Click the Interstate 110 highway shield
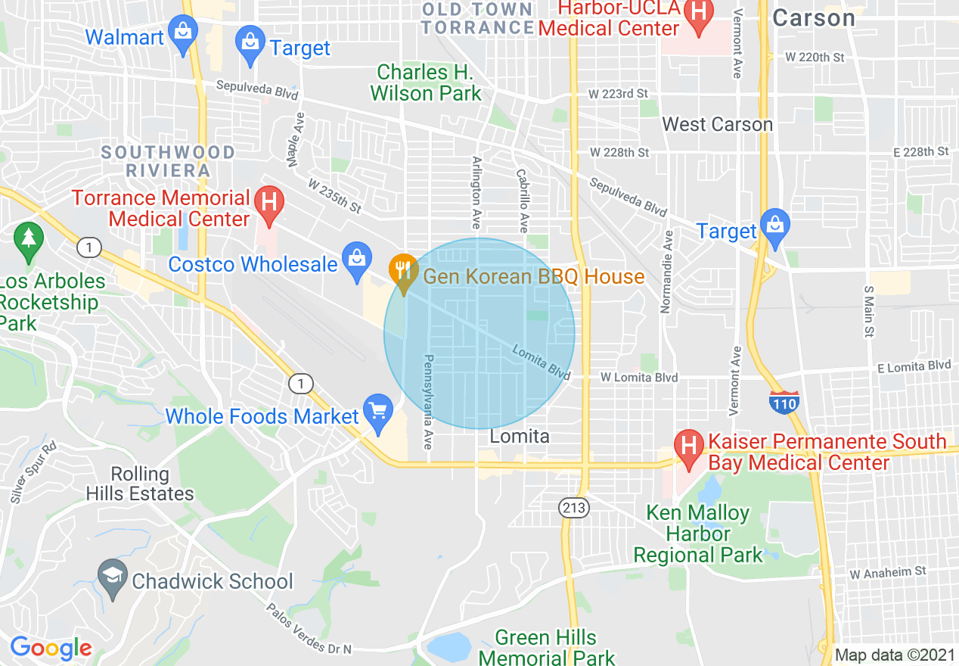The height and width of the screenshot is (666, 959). (x=784, y=403)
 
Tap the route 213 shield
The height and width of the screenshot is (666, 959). (x=574, y=508)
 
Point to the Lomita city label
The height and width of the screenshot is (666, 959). (x=520, y=437)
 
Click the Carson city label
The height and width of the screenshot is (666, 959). (x=814, y=18)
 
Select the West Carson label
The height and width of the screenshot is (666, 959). (x=717, y=124)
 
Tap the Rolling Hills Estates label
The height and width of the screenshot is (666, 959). (x=140, y=484)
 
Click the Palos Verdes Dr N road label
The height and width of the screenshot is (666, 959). (x=309, y=629)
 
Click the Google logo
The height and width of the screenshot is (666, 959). (x=51, y=649)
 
